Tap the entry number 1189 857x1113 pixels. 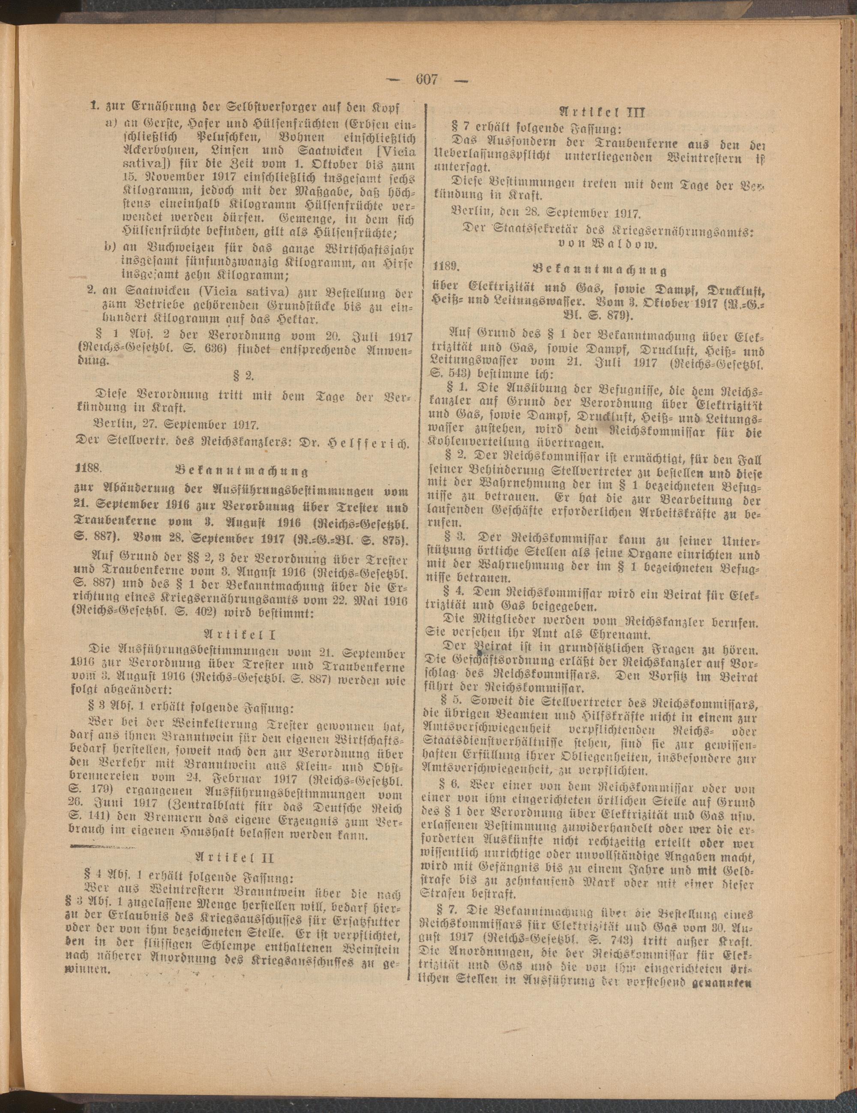click(446, 266)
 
